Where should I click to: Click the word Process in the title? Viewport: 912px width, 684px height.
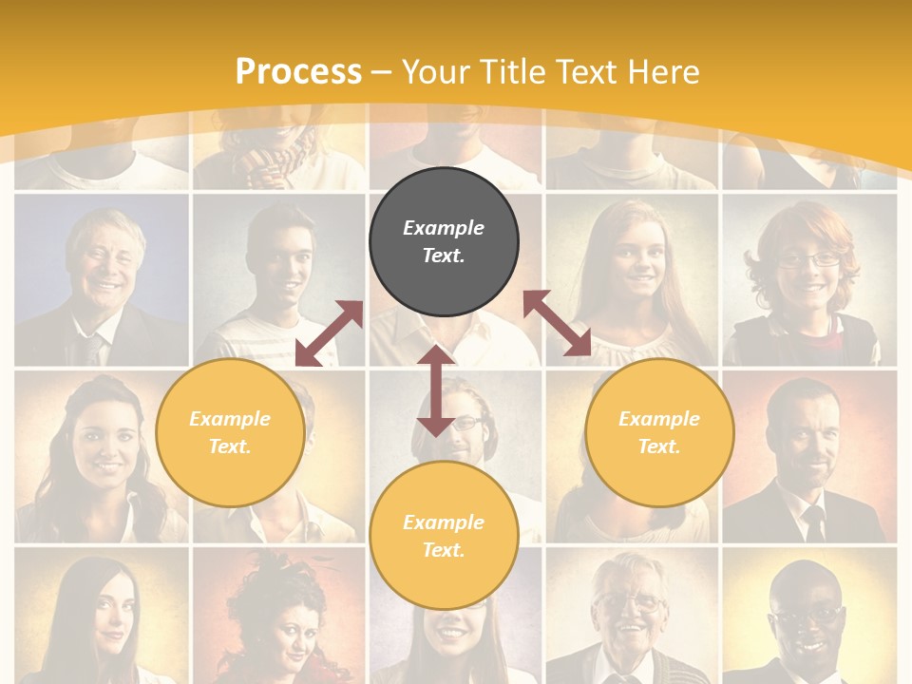tap(298, 72)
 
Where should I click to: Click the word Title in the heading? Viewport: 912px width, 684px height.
tap(515, 72)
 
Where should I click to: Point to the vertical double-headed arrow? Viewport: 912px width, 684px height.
tap(436, 390)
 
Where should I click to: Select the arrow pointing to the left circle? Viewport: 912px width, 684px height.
tap(329, 333)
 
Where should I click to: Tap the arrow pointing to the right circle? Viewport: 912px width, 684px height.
tap(558, 323)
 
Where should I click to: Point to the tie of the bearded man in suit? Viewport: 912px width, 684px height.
tap(813, 522)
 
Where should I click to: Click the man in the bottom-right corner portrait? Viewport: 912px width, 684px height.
tap(807, 617)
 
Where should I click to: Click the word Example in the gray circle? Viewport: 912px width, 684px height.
tap(444, 228)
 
